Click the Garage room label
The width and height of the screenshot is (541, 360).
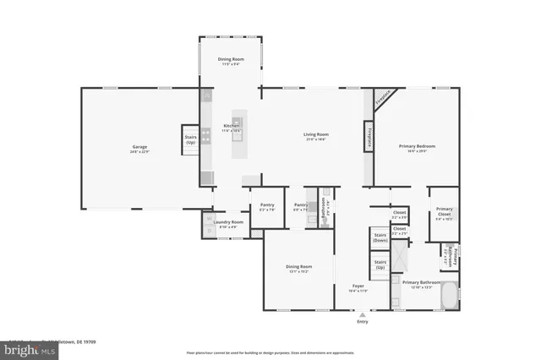click(139, 147)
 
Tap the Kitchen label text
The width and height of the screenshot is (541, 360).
click(232, 126)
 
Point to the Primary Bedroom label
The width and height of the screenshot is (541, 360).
click(417, 146)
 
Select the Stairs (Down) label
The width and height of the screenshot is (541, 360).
click(380, 237)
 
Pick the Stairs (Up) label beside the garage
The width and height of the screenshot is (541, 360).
click(190, 140)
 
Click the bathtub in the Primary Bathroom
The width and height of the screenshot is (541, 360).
click(448, 296)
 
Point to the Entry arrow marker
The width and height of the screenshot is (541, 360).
click(363, 314)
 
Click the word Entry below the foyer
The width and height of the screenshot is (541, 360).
click(363, 322)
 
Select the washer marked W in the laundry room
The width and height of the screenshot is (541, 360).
click(209, 218)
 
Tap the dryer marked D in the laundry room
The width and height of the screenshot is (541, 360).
click(209, 228)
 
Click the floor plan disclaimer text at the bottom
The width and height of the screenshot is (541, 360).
click(270, 352)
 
